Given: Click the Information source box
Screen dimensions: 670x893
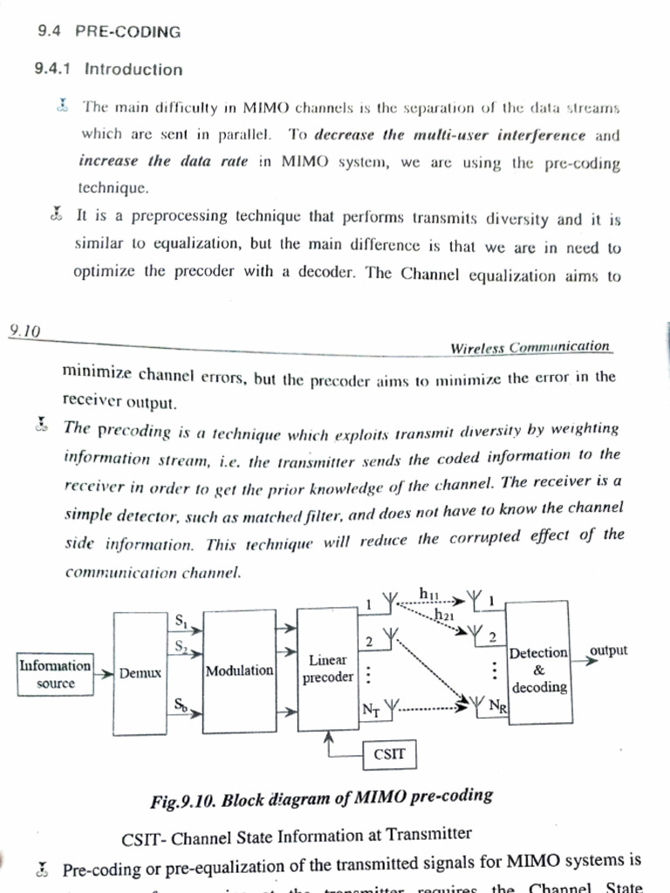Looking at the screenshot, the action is pos(55,674).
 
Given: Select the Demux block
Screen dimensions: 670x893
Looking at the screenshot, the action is pos(140,673).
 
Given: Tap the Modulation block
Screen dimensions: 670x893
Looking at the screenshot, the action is pos(239,671).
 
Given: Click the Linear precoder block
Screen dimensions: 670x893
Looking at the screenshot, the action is pos(328,669).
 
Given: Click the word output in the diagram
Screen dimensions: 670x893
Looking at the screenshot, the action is pos(609,651).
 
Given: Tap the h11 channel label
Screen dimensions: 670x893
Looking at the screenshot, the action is pos(428,594).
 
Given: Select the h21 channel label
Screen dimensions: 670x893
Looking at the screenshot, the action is pos(445,615).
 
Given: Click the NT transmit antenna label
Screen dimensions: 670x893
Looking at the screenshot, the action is pos(370,709).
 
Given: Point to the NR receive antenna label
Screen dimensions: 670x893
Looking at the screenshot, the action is pos(496,706).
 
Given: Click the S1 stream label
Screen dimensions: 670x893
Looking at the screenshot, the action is pos(181,621).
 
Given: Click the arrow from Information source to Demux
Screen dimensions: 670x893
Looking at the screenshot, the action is pos(103,673).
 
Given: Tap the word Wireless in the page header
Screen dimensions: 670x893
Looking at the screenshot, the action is pos(479,347).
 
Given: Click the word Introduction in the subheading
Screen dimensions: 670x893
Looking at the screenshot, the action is pos(133,70).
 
